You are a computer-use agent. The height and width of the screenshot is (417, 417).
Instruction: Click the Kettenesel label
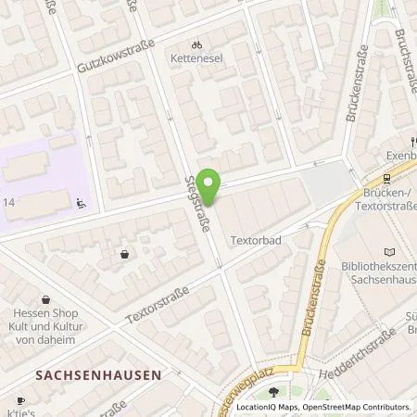pyautogui.click(x=196, y=57)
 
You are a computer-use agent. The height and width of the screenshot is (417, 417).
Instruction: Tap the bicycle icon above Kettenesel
pyautogui.click(x=196, y=44)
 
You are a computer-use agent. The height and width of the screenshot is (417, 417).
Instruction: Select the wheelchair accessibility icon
pyautogui.click(x=82, y=202)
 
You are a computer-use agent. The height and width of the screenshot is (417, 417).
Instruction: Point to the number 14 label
pyautogui.click(x=8, y=201)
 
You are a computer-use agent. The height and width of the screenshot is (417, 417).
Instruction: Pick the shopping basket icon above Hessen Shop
pyautogui.click(x=123, y=254)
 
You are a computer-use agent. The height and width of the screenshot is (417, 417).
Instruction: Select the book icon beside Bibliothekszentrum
pyautogui.click(x=387, y=251)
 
